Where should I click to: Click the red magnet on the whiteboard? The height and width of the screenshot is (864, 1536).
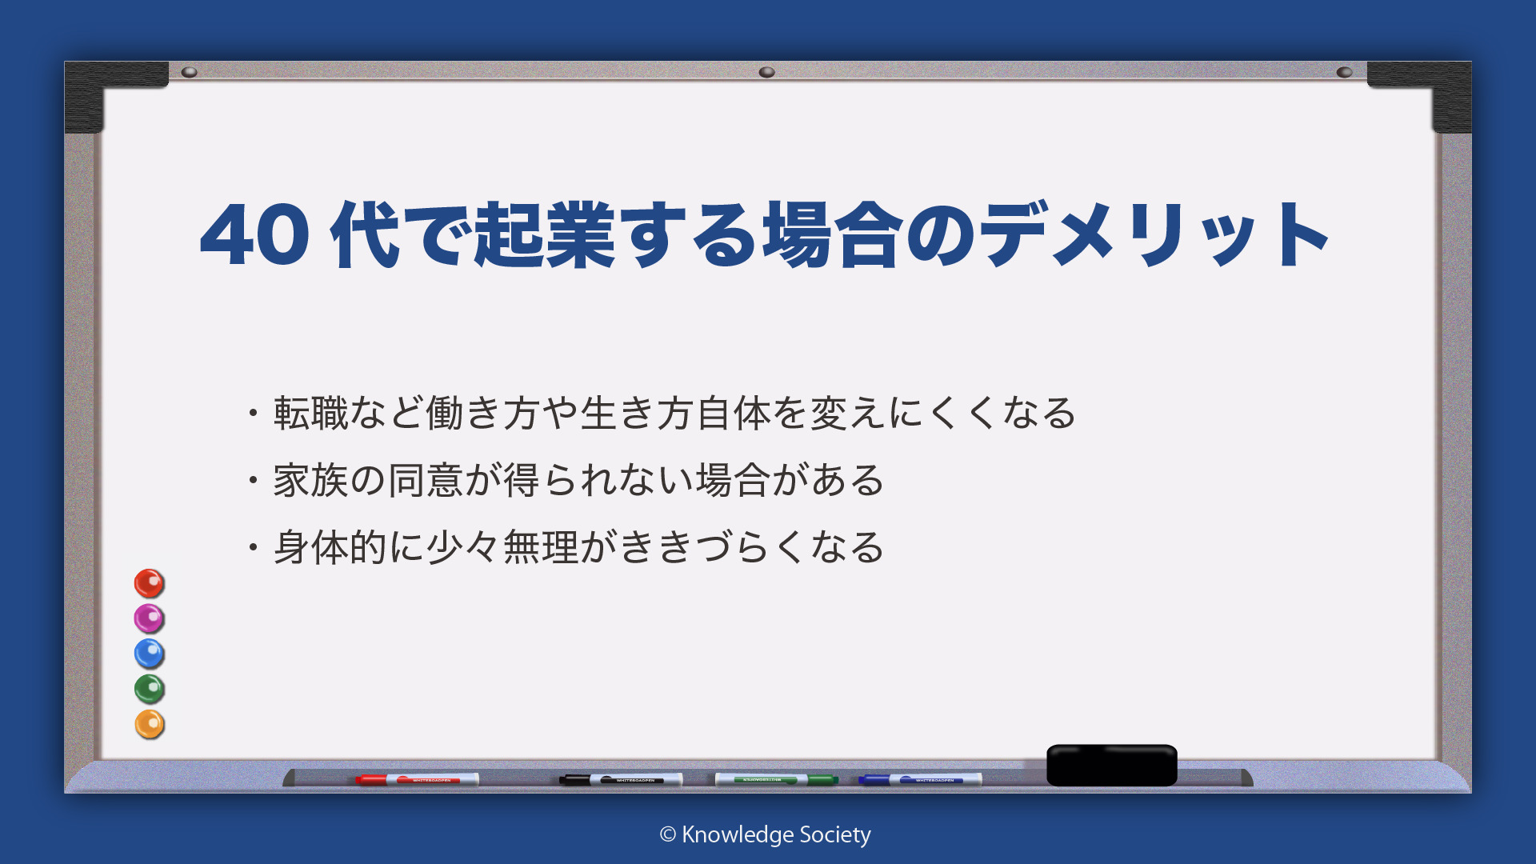149,583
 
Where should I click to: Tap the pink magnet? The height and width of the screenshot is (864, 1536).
149,618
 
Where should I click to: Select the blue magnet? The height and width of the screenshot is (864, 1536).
149,654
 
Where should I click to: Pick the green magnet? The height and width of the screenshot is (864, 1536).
149,689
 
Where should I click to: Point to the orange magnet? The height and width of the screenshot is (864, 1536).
149,724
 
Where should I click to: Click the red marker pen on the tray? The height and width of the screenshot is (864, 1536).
417,779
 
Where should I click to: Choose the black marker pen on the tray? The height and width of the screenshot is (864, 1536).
621,779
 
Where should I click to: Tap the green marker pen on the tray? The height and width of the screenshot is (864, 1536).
776,779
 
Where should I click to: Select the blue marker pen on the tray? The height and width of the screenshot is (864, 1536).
920,779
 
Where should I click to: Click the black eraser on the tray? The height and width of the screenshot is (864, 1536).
1112,765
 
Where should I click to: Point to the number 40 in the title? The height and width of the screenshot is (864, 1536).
254,235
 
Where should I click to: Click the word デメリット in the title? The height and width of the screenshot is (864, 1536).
1154,234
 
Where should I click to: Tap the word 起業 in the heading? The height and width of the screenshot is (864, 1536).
546,234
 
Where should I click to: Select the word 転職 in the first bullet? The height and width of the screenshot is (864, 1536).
311,413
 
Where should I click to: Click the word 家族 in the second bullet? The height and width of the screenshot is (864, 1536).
311,480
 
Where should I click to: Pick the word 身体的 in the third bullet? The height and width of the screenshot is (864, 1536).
330,547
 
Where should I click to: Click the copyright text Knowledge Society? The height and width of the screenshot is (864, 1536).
765,834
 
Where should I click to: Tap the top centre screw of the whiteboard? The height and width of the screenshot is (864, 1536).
766,72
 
